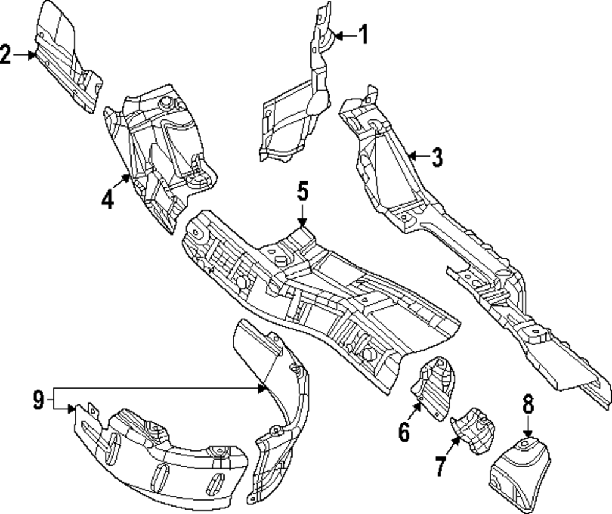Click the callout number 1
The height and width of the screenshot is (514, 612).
point(363,35)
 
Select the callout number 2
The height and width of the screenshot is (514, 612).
point(6,54)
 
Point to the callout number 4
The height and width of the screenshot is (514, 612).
point(108,199)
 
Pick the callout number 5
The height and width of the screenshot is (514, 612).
point(303,192)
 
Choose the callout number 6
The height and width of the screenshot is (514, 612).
point(404,432)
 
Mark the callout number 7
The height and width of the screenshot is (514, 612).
point(441,466)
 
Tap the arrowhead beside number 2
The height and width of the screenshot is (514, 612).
point(32,54)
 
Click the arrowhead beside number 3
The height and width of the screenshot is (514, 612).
point(412,157)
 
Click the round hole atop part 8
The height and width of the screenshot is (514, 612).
point(527,441)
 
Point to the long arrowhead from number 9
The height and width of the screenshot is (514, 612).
point(263,388)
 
